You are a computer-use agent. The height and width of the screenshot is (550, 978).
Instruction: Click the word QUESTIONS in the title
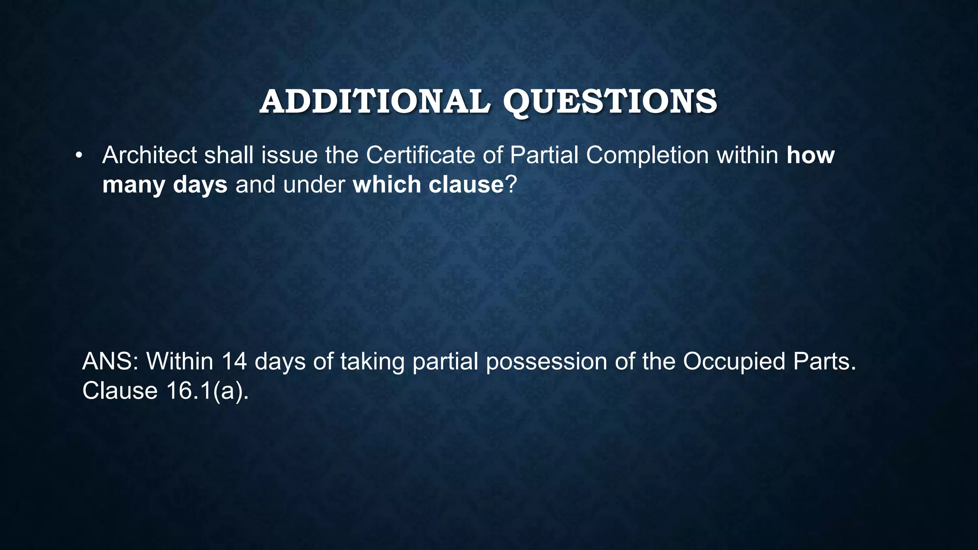coord(610,102)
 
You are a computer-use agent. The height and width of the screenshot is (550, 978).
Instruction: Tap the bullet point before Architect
coord(79,155)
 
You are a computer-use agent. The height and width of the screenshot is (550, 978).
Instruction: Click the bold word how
coord(810,155)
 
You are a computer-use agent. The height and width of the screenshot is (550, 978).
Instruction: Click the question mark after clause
coord(511,185)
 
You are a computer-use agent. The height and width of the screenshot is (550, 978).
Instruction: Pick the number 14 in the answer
coord(234,361)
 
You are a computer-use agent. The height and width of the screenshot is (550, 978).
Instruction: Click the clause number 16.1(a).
coord(208,391)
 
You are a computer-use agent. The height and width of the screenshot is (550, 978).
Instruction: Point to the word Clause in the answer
coord(120,391)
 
